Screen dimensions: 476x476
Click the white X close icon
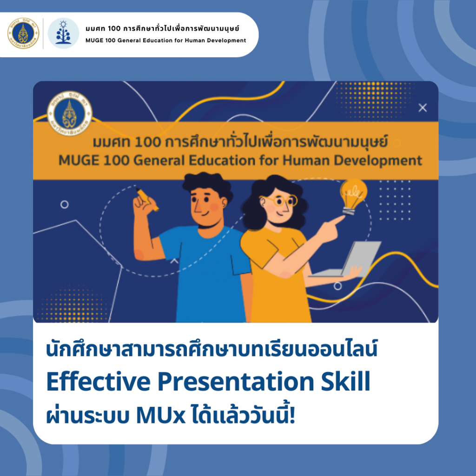click(x=423, y=108)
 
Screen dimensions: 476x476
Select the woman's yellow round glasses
click(x=279, y=200)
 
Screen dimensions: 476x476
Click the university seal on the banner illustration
click(x=70, y=113)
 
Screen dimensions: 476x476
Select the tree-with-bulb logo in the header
click(x=63, y=33)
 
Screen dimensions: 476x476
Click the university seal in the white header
click(x=23, y=33)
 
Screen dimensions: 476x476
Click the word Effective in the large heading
click(x=98, y=381)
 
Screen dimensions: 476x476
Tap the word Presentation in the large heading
click(x=236, y=381)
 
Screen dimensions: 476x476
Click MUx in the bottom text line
click(x=161, y=416)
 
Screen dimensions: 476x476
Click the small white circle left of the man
click(x=64, y=205)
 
